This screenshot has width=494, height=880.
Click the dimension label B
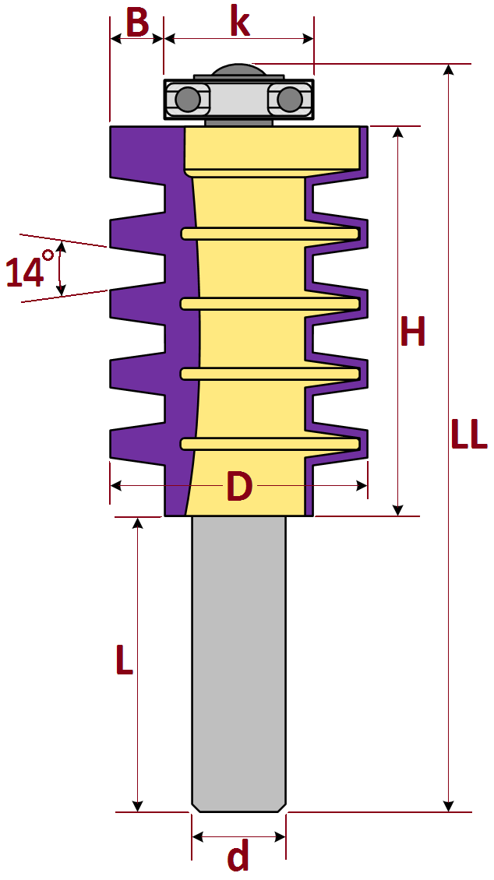click(137, 23)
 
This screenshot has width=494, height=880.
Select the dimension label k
click(240, 22)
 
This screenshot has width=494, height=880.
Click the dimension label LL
click(469, 435)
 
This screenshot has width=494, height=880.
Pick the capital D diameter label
click(239, 487)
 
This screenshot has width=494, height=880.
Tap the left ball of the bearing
click(187, 100)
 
